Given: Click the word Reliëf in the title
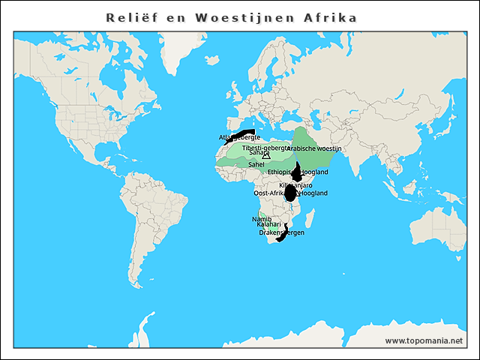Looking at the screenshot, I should (129, 16).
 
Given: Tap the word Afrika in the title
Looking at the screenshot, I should (328, 16).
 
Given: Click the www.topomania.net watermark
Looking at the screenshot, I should (424, 340).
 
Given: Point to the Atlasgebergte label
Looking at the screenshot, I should (239, 138).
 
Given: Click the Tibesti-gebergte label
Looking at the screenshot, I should (265, 148).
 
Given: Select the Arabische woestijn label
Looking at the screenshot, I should (313, 148).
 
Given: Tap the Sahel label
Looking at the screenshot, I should (256, 163).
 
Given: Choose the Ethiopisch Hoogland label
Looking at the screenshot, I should (298, 172).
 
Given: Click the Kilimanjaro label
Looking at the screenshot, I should (295, 184).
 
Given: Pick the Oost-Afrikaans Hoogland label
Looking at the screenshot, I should (291, 193).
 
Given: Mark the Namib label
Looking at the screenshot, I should (260, 218).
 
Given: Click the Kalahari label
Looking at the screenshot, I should (268, 225).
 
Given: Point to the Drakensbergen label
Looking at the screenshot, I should (281, 233).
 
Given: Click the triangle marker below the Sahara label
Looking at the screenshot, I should (266, 156).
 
